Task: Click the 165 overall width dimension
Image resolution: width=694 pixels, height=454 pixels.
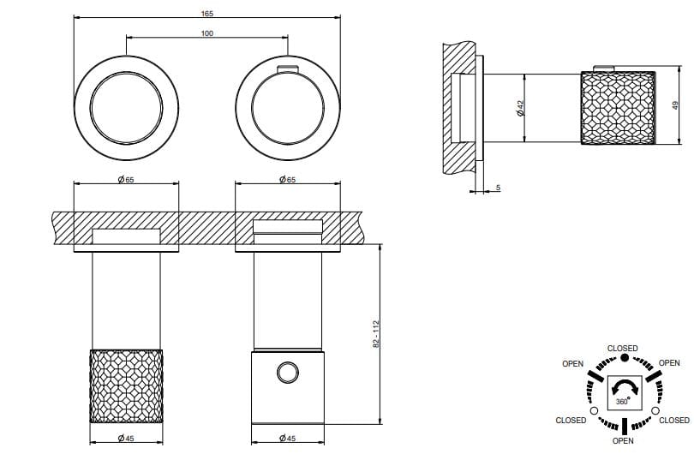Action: point(207,14)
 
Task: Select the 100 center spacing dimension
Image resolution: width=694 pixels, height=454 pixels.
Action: point(207,33)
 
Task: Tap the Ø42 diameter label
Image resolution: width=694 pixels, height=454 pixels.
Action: point(520,108)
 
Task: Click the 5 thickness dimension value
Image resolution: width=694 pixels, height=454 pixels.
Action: point(497,187)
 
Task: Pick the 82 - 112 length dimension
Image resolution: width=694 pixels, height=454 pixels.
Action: point(375,333)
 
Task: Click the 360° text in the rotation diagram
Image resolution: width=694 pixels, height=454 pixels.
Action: point(622,402)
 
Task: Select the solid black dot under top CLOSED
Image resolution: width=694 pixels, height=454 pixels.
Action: point(623,357)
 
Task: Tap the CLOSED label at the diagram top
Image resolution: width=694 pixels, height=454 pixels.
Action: point(622,348)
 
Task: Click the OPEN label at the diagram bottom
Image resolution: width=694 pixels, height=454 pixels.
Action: point(623,440)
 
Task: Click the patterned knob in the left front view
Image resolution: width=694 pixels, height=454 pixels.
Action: point(126,385)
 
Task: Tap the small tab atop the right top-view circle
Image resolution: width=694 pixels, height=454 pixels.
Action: point(287,69)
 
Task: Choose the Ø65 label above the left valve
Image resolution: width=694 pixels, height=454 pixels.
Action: point(126,180)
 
